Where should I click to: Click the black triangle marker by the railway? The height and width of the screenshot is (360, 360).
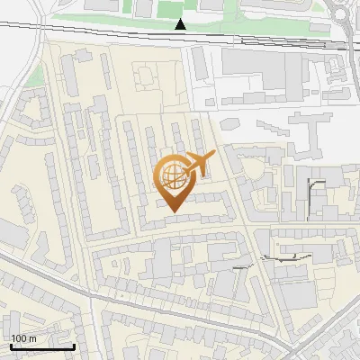point(181,24)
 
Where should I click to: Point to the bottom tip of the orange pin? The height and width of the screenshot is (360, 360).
point(173,211)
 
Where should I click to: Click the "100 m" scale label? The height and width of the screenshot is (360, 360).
point(24,337)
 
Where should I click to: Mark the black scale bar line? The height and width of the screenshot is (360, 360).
point(42,346)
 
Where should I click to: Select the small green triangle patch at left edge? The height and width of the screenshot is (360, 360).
point(33,76)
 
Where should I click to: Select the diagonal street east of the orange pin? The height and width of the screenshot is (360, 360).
point(229,171)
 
